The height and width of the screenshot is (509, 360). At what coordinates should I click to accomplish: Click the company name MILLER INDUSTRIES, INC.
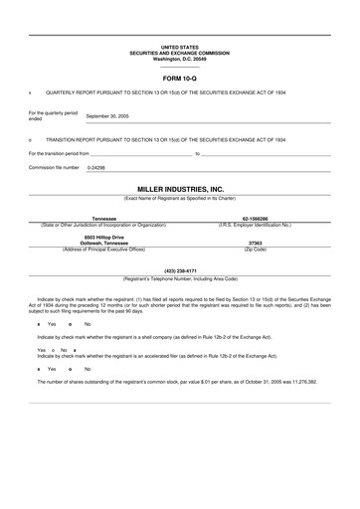pos(180,188)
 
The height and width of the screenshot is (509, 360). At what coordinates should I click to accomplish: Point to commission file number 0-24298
pos(96,168)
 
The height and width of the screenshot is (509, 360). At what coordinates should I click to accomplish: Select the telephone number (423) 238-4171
pos(180,270)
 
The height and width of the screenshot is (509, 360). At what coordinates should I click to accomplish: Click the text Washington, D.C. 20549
pos(180,56)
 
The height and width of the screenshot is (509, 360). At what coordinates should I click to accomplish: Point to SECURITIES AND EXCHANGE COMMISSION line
pos(180,51)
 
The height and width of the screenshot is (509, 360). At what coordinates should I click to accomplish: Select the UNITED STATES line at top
pos(180,46)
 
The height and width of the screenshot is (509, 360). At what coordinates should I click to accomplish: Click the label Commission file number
pos(54,168)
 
